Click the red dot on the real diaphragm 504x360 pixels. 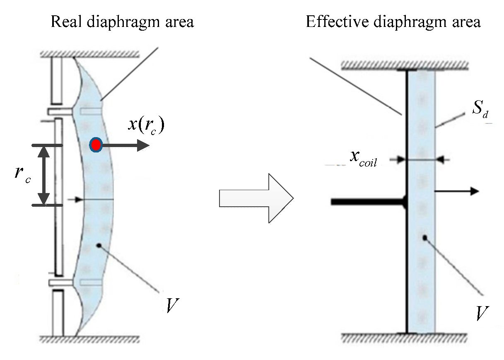tap(96, 145)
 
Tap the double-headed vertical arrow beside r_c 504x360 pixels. tap(44, 175)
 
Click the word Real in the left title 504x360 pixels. tap(65, 22)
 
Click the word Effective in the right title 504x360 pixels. tap(336, 22)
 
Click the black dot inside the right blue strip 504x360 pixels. tap(424, 238)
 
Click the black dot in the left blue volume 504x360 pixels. tap(99, 246)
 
